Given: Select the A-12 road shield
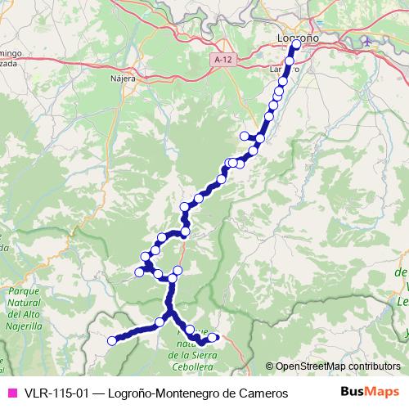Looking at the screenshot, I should (x=220, y=60).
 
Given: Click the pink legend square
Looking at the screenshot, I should (x=11, y=393).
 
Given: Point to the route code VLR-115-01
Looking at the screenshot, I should (x=54, y=393).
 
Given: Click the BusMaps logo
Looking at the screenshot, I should (x=370, y=393).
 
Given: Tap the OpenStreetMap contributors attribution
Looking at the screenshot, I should (x=337, y=366).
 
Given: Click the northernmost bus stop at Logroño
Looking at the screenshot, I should (x=295, y=45).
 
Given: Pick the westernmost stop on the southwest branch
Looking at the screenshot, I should (x=112, y=341).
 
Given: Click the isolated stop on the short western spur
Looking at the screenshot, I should (x=244, y=136).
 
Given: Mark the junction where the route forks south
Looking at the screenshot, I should (x=170, y=312).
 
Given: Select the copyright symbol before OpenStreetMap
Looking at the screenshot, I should (x=269, y=366).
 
